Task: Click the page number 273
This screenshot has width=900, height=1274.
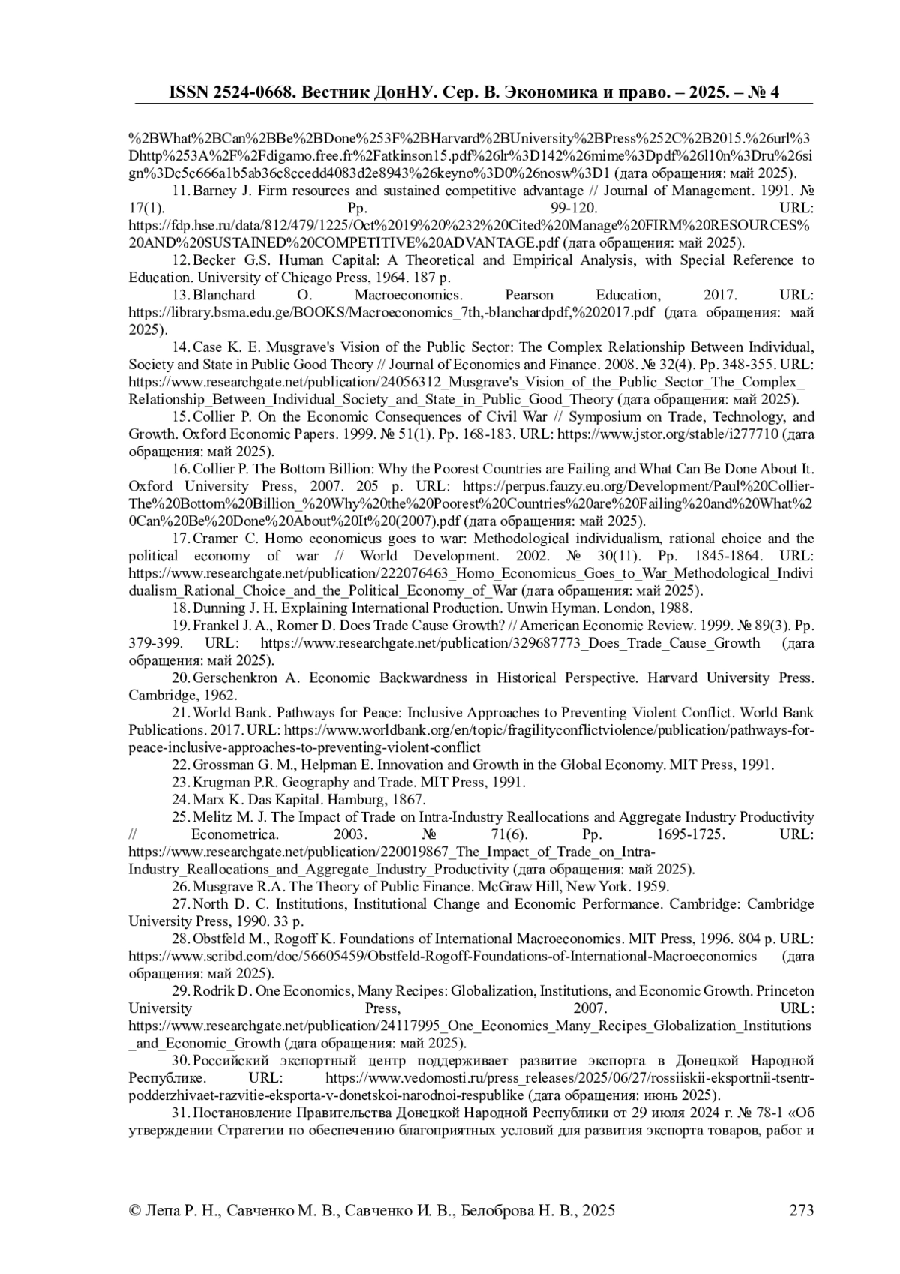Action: click(801, 1210)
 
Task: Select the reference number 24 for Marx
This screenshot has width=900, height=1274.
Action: click(181, 800)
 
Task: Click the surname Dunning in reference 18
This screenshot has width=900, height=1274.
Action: click(219, 608)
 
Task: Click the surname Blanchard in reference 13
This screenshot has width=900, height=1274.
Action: click(224, 295)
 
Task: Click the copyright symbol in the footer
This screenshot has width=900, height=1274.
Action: click(135, 1210)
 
